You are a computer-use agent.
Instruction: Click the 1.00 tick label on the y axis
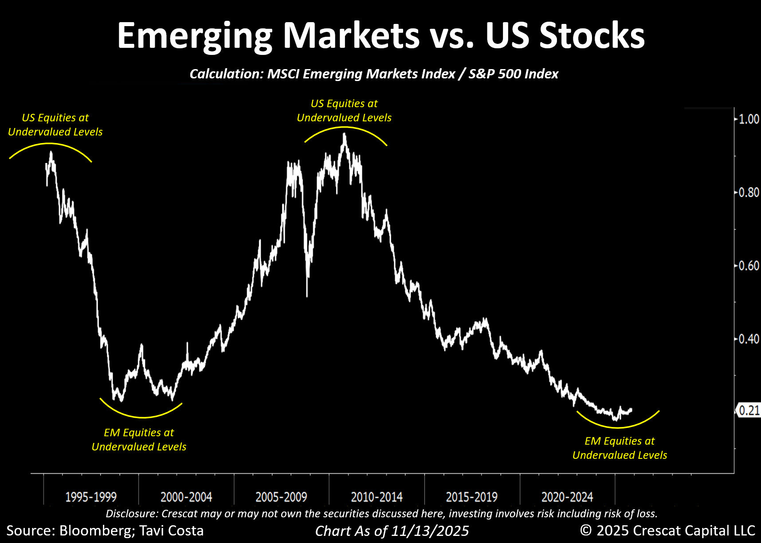749,119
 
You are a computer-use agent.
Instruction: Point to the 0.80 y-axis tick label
749,192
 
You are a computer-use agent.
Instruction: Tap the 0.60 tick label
749,266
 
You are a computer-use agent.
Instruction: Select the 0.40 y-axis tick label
749,339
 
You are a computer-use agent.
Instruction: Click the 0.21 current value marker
749,411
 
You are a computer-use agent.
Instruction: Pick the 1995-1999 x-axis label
91,497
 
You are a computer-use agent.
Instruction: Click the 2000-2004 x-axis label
186,497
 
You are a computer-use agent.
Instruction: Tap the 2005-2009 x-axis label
281,497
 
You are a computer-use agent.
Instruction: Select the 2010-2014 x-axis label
377,497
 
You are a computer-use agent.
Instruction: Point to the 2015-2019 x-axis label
472,497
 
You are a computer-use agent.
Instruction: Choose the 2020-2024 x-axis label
567,497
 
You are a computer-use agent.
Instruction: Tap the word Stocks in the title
592,35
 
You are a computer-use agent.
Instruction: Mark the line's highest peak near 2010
345,134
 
